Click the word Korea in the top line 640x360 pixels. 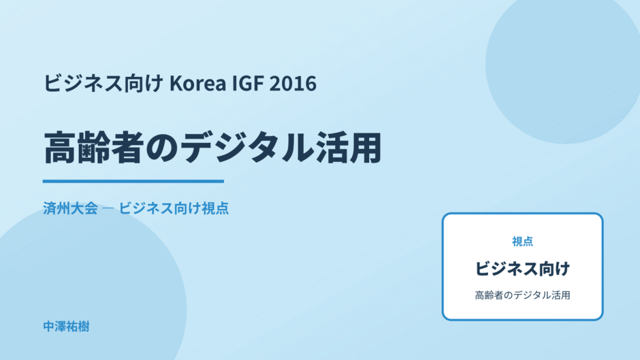197,83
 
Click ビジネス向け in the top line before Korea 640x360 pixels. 103,83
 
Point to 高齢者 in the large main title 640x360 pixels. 94,148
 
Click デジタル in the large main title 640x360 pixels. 247,148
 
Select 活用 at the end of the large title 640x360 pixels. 348,148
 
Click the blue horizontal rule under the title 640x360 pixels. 133,181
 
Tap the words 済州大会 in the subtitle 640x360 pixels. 71,208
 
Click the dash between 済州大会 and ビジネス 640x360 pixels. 108,208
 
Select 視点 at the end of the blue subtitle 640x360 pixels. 215,208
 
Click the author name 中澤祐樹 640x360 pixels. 66,327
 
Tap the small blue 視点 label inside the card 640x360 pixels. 522,242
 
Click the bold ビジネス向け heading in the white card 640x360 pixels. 522,269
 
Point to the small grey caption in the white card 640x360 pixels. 522,295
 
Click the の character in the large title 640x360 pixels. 163,148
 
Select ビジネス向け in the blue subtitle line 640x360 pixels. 159,208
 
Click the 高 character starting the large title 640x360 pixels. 61,148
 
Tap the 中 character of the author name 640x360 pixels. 49,327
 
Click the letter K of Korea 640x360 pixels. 175,84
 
